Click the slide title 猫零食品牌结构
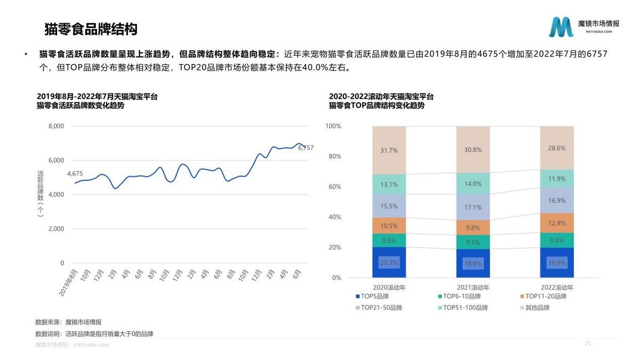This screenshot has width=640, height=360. (x=91, y=29)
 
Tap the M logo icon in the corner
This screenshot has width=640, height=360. (x=562, y=27)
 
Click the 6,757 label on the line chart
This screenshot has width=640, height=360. (x=306, y=148)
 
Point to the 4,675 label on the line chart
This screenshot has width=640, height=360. (x=75, y=173)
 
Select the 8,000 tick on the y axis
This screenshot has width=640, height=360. (x=56, y=126)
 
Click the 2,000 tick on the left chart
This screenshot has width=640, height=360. (x=56, y=229)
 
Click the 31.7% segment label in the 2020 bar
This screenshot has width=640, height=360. (x=389, y=150)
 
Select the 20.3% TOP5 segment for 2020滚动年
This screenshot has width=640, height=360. (x=389, y=262)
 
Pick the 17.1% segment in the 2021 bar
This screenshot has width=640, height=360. (x=473, y=207)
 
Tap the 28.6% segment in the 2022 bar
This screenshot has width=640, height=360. (x=557, y=148)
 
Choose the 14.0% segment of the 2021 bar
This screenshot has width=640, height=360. (x=473, y=183)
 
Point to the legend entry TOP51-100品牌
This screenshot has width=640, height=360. (x=459, y=308)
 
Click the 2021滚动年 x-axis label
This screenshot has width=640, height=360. (x=473, y=287)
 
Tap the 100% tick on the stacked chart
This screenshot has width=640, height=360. (x=333, y=126)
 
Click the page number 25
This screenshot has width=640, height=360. (x=588, y=343)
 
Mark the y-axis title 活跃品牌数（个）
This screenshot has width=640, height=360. (x=41, y=194)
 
